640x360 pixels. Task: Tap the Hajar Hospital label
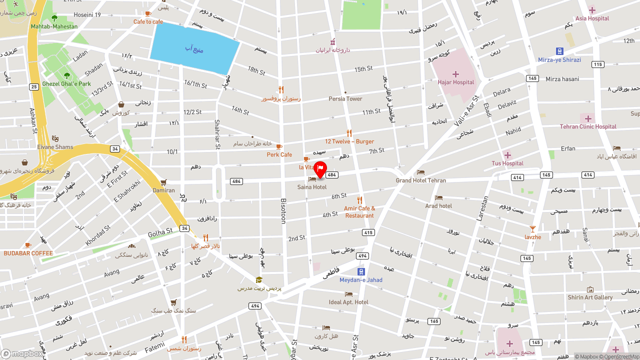455,82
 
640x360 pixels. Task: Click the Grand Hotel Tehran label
420,180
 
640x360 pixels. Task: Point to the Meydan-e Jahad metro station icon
361,271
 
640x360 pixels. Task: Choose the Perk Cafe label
279,154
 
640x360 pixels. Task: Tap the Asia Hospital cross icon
592,10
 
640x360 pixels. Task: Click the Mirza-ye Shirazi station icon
559,51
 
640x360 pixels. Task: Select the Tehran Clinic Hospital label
588,126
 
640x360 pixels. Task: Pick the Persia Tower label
345,98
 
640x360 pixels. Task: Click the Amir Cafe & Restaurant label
359,212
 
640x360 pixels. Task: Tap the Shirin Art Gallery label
590,297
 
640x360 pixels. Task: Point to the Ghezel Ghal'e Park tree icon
67,75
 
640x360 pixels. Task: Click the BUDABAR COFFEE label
28,253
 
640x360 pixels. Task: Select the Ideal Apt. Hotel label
348,302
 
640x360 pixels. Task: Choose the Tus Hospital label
507,163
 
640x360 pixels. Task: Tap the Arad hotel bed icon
438,198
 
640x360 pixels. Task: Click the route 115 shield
597,64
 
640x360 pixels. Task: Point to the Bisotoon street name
283,210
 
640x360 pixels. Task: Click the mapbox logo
22,354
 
